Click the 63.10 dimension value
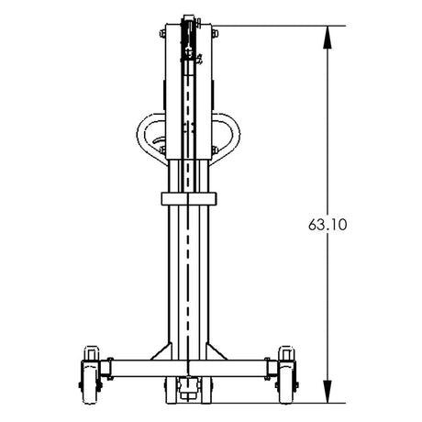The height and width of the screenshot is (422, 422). pos(328,225)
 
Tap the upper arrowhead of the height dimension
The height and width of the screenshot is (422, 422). pos(328,38)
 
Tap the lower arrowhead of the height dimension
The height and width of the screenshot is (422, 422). pos(328,392)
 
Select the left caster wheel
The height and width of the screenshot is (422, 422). pos(90,383)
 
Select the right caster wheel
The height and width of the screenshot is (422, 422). pos(287,383)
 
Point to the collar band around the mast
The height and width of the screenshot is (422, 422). pos(189,199)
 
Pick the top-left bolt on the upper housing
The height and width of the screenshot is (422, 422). pos(162,33)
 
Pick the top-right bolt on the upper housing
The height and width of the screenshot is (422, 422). pos(215,33)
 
